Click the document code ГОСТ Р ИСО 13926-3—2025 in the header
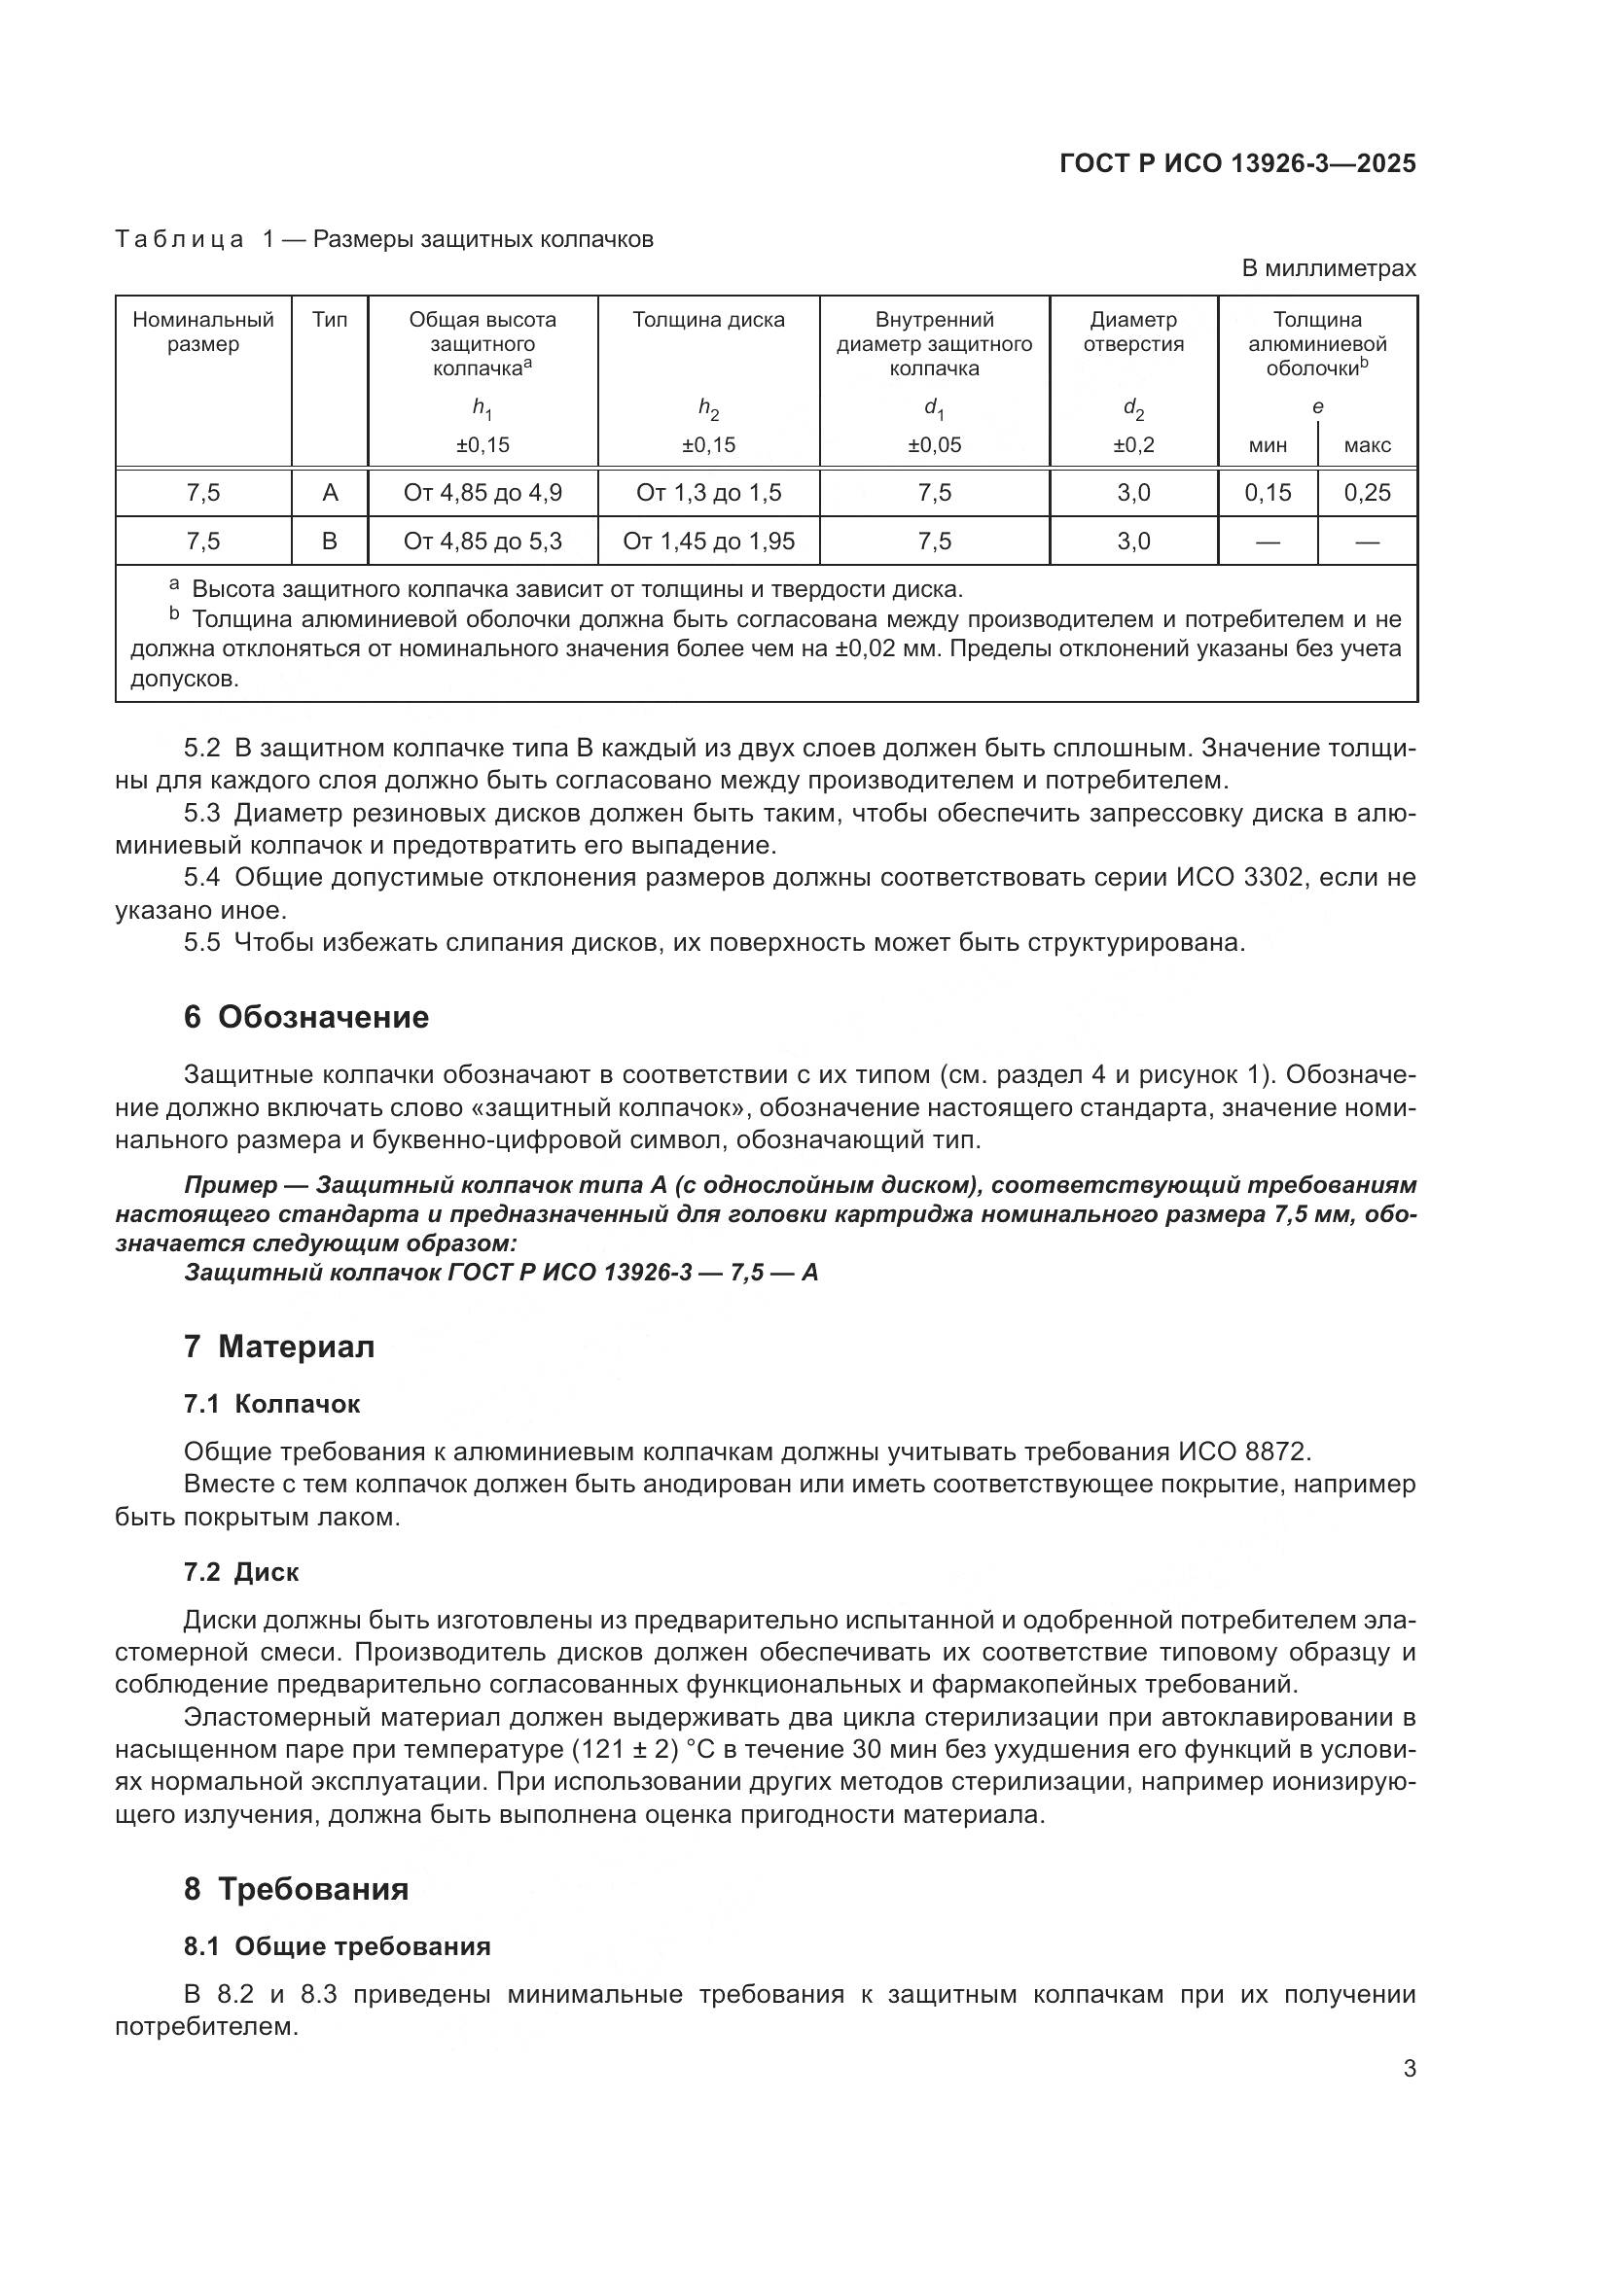pyautogui.click(x=1237, y=163)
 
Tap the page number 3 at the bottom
pyautogui.click(x=1409, y=2069)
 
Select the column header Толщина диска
pyautogui.click(x=708, y=320)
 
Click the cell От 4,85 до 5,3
pyautogui.click(x=483, y=541)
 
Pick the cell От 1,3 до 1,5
pyautogui.click(x=708, y=492)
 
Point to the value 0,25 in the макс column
pyautogui.click(x=1367, y=492)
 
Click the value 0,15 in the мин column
pyautogui.click(x=1269, y=492)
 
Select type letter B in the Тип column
pyautogui.click(x=330, y=541)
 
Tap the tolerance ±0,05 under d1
pyautogui.click(x=934, y=444)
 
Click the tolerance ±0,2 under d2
pyautogui.click(x=1133, y=444)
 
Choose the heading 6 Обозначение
pyautogui.click(x=306, y=1017)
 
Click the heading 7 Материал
pyautogui.click(x=279, y=1347)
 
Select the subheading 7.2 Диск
pyautogui.click(x=240, y=1572)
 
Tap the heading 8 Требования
pyautogui.click(x=297, y=1889)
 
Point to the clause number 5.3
pyautogui.click(x=202, y=813)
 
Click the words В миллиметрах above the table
pyautogui.click(x=1329, y=268)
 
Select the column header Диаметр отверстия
pyautogui.click(x=1133, y=332)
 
